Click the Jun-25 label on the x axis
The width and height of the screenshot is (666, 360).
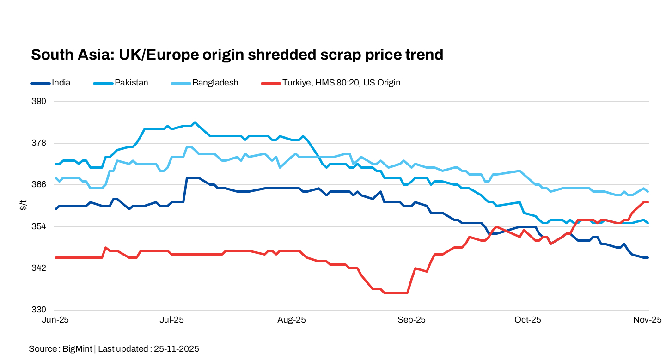55,320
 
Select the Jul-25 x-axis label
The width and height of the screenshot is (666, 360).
172,320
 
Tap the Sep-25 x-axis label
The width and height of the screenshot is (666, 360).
412,320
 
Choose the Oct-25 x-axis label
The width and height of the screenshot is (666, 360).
528,320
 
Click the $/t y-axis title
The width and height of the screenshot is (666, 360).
24,206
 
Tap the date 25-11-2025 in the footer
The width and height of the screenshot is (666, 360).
176,349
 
